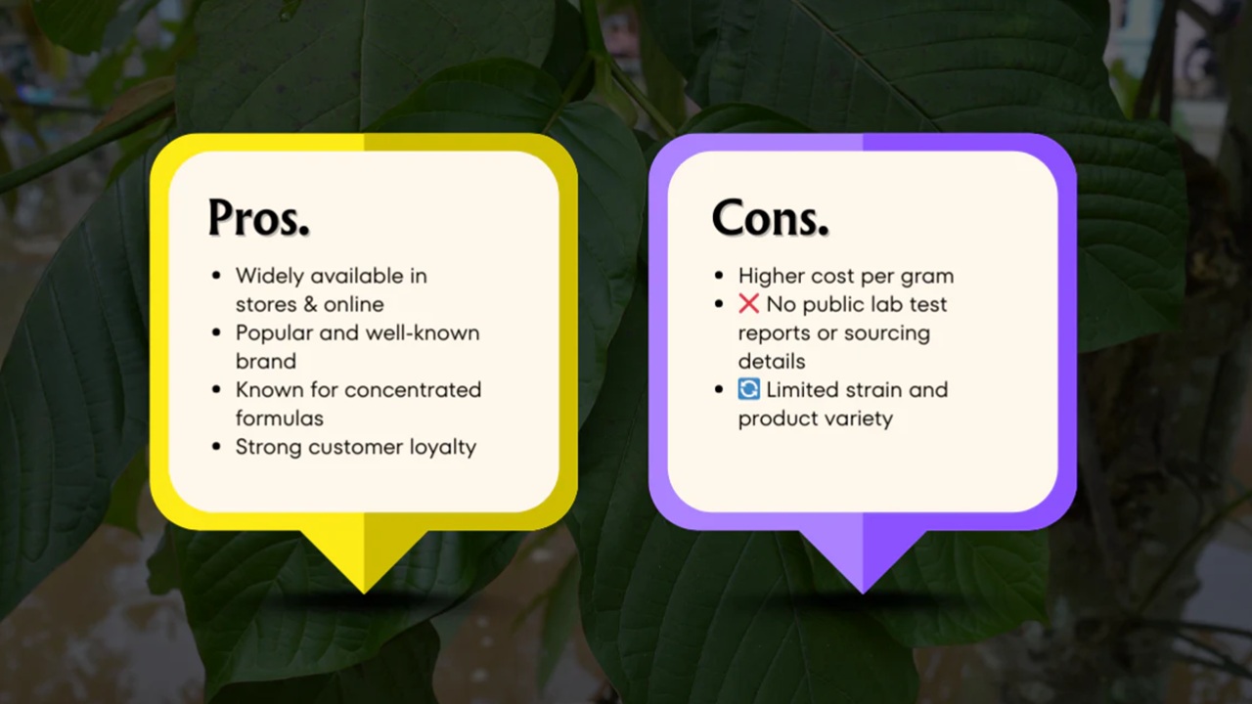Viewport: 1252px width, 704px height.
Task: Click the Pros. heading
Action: [258, 217]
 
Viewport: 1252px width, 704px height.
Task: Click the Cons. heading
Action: [770, 217]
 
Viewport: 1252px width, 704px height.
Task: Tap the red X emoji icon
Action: [748, 304]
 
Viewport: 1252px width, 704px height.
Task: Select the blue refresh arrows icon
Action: [748, 389]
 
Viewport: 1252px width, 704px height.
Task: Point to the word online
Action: [353, 304]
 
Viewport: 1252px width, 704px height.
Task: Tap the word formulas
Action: [279, 418]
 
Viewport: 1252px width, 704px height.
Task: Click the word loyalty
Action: [442, 447]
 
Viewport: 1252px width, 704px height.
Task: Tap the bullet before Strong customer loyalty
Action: [216, 447]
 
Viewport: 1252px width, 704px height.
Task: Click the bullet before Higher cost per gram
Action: [720, 276]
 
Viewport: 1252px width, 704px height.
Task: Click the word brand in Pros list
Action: [265, 361]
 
